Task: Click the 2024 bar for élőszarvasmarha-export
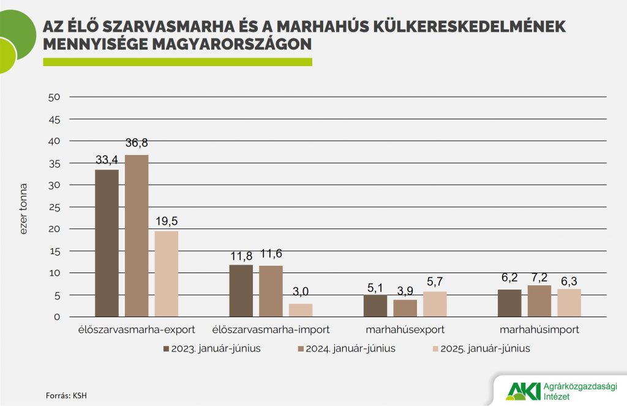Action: click(x=137, y=236)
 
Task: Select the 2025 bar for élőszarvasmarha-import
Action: click(x=301, y=310)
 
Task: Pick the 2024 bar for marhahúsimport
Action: click(x=539, y=301)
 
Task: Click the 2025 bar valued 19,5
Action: click(x=167, y=274)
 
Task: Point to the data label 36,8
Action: click(x=137, y=143)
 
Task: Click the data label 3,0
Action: click(x=301, y=293)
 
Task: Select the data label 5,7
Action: click(x=435, y=281)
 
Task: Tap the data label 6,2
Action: click(x=509, y=279)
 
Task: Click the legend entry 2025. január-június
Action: click(x=480, y=349)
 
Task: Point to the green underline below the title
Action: click(x=178, y=62)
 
